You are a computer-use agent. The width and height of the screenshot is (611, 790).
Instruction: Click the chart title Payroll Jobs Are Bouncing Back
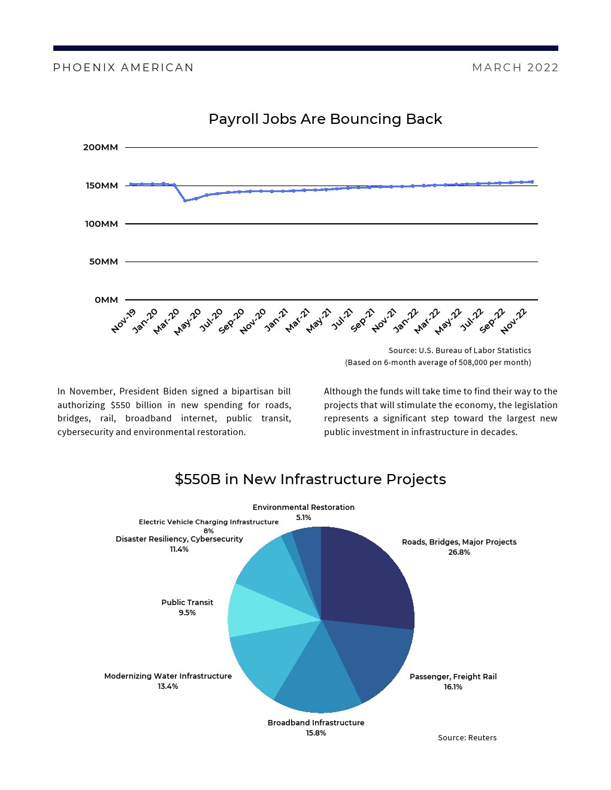(325, 119)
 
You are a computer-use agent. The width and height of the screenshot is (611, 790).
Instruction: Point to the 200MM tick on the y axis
(101, 147)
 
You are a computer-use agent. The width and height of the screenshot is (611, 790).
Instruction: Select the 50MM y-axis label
(104, 262)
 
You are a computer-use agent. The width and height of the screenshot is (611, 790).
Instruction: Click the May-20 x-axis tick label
(188, 321)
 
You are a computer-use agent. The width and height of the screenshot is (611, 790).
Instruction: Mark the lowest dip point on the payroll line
(185, 200)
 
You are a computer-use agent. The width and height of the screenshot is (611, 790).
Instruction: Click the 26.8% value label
(459, 552)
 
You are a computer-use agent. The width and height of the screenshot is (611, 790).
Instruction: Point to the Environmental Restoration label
(304, 508)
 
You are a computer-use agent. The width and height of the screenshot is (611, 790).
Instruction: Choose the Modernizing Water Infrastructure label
(168, 676)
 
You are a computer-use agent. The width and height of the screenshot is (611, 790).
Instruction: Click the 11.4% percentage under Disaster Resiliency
(179, 549)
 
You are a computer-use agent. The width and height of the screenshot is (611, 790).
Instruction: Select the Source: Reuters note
(467, 738)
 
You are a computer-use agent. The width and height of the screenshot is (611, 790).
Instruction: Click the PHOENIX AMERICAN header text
(123, 68)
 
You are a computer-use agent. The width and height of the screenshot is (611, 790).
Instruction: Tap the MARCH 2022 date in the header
(515, 68)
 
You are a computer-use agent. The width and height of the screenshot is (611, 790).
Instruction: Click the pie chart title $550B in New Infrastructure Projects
(310, 479)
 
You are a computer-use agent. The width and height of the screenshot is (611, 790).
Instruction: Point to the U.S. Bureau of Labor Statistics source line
(459, 351)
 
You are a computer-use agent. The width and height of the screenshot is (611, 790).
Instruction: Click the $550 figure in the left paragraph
(120, 405)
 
